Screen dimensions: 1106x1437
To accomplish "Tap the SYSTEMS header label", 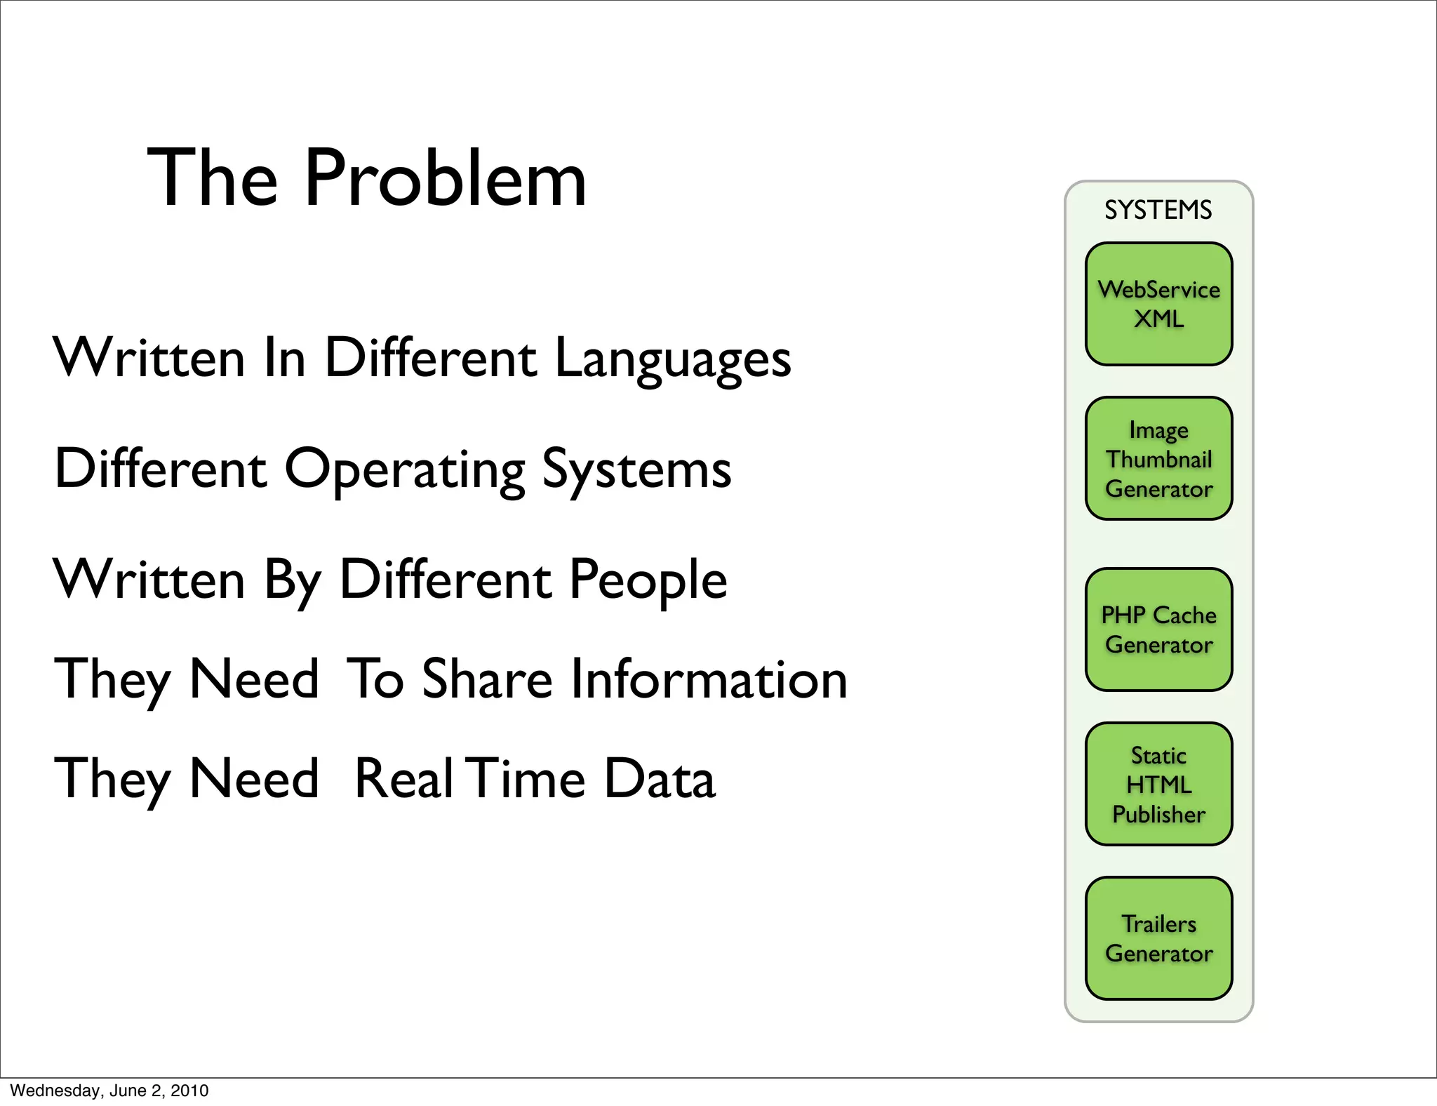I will [x=1158, y=210].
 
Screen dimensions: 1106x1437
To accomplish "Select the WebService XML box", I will [x=1158, y=304].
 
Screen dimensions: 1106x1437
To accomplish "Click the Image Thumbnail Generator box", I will [x=1158, y=459].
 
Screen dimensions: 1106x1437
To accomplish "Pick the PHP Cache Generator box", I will [x=1158, y=629].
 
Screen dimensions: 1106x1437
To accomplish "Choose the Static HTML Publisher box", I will [x=1158, y=784].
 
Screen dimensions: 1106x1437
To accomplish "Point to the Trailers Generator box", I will [x=1158, y=938].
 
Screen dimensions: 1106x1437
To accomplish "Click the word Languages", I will [x=673, y=359].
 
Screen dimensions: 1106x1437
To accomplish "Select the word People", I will [x=648, y=580].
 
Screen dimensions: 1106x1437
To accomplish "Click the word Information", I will [x=709, y=679].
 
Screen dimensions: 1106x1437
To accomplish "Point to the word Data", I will [x=660, y=779].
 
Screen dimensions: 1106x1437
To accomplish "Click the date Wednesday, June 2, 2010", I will [x=109, y=1091].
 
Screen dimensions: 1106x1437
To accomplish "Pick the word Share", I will [x=487, y=679].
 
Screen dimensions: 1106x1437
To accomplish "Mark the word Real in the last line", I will [x=403, y=779].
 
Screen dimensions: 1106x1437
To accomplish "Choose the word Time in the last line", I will [x=528, y=779].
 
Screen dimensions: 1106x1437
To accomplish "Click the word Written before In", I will [x=149, y=359].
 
